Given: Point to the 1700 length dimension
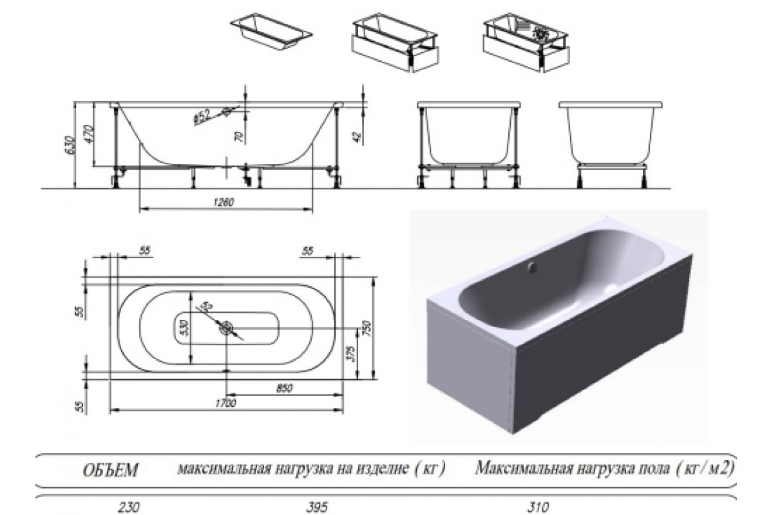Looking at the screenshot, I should click(x=225, y=403).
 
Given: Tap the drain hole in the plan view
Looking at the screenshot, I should click(x=226, y=329).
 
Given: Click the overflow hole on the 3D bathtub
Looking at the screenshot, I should click(x=531, y=266).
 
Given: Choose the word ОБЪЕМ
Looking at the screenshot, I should click(x=111, y=470).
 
